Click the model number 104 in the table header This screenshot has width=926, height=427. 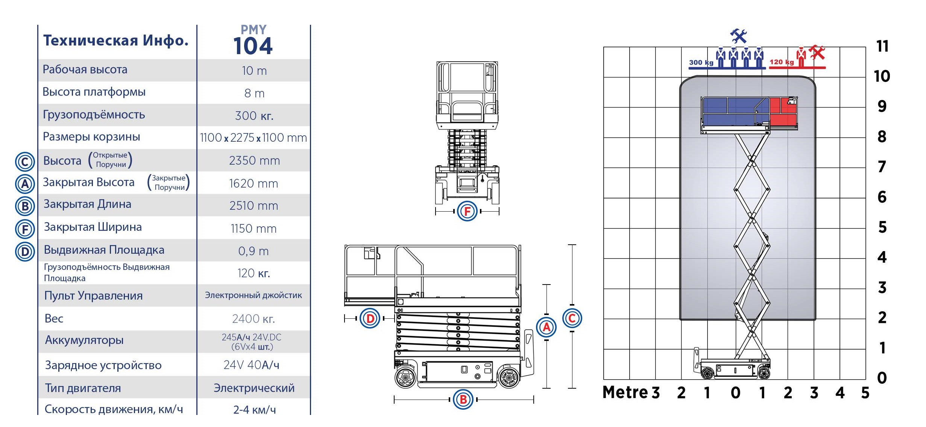pyautogui.click(x=253, y=47)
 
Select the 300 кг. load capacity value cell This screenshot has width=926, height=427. pyautogui.click(x=254, y=116)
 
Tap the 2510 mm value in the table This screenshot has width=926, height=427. pyautogui.click(x=254, y=206)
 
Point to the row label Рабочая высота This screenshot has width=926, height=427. pyautogui.click(x=85, y=70)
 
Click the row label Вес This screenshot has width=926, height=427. pyautogui.click(x=54, y=318)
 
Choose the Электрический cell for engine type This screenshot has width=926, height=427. pyautogui.click(x=254, y=388)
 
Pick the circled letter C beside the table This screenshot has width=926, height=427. pyautogui.click(x=25, y=162)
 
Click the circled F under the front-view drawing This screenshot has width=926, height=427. pyautogui.click(x=467, y=211)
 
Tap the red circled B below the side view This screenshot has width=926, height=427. pyautogui.click(x=463, y=399)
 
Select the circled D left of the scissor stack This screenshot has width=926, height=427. pyautogui.click(x=370, y=318)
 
